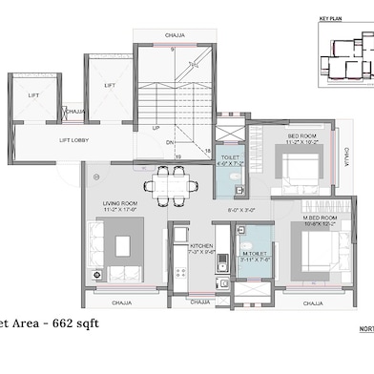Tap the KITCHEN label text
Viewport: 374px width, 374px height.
201,246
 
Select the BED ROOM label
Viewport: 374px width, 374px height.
301,136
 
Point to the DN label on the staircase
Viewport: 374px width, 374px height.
170,142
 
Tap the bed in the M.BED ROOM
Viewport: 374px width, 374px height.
315,251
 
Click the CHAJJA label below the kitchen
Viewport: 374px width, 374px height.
199,302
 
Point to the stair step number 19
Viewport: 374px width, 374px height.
151,155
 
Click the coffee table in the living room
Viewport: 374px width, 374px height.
123,246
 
